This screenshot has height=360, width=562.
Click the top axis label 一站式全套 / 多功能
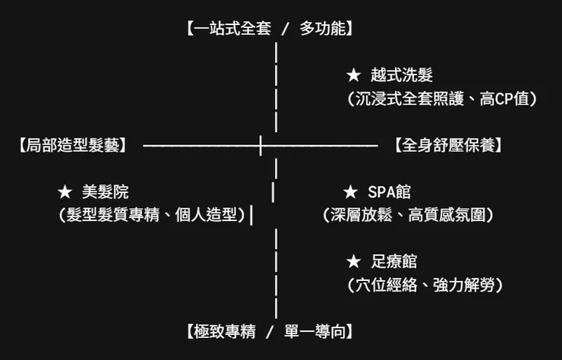point(270,29)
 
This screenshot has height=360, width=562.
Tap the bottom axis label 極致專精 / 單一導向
point(270,332)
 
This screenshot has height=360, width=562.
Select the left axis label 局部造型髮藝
point(73,146)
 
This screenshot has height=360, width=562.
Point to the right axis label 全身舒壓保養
point(448,146)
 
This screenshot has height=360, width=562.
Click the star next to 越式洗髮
point(354,76)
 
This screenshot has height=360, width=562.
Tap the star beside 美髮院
point(65,192)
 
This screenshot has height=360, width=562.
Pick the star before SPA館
point(350,192)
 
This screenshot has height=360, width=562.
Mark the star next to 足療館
point(354,262)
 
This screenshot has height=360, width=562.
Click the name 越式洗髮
point(402,75)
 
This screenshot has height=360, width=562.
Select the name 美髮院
point(106,192)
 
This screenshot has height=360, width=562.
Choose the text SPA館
point(390,192)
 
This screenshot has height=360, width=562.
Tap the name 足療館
point(394,262)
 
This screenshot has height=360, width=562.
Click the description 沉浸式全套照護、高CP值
point(442,99)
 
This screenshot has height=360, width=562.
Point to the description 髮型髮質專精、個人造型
point(152,215)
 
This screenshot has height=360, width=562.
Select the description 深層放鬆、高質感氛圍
point(409,215)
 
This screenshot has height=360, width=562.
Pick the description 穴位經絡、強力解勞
point(425,285)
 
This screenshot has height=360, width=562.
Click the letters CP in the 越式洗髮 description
point(504,99)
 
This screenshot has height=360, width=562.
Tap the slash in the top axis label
point(285,29)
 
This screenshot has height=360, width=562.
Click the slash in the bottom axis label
point(270,332)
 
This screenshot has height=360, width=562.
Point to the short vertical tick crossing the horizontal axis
point(260,146)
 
